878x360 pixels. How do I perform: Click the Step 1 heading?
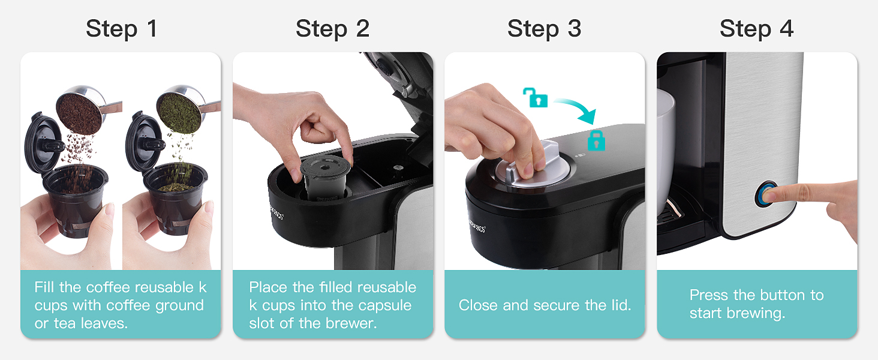121,29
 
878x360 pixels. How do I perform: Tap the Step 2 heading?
332,29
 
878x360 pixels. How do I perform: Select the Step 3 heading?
544,29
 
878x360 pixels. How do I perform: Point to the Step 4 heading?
756,29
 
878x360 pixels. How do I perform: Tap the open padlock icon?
531,97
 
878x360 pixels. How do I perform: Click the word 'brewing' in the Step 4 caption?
757,313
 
